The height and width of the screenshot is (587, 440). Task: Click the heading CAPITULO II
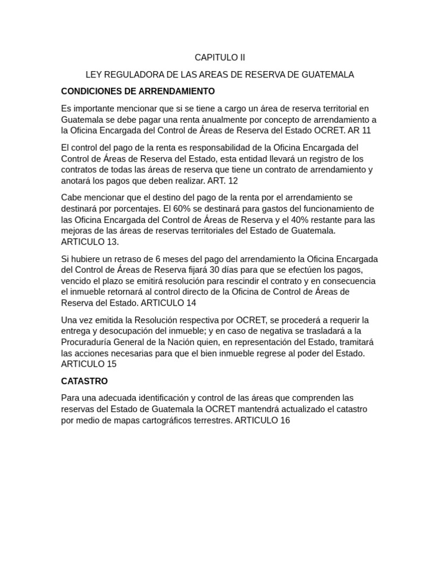click(219, 57)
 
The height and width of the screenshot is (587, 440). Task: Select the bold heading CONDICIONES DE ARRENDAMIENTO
click(137, 91)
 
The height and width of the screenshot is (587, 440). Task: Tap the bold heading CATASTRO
click(84, 381)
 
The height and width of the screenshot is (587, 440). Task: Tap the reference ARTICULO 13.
click(90, 242)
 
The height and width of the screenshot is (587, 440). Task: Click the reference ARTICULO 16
click(262, 420)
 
